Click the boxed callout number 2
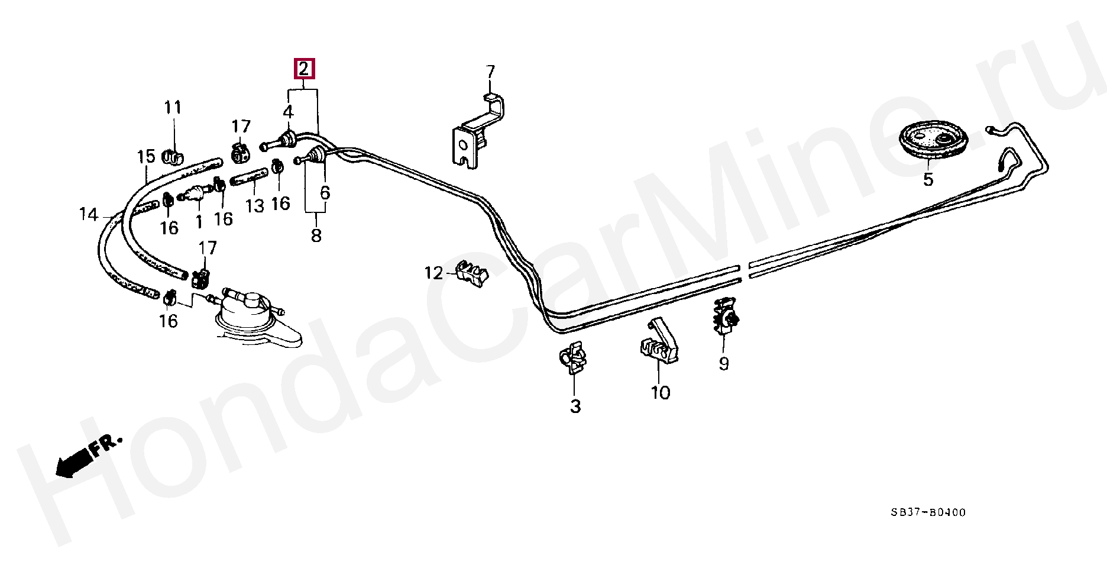tap(304, 69)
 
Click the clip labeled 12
tap(473, 274)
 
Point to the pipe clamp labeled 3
tap(572, 359)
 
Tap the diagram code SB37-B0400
tap(928, 512)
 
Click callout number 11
tap(173, 108)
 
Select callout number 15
tap(146, 156)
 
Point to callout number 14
tap(89, 214)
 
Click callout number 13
tap(254, 206)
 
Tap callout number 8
tap(316, 235)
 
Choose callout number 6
tap(325, 193)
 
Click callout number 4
tap(288, 111)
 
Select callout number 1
tap(199, 222)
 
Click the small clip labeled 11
tap(172, 157)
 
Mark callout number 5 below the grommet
tap(928, 179)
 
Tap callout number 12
tap(433, 273)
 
